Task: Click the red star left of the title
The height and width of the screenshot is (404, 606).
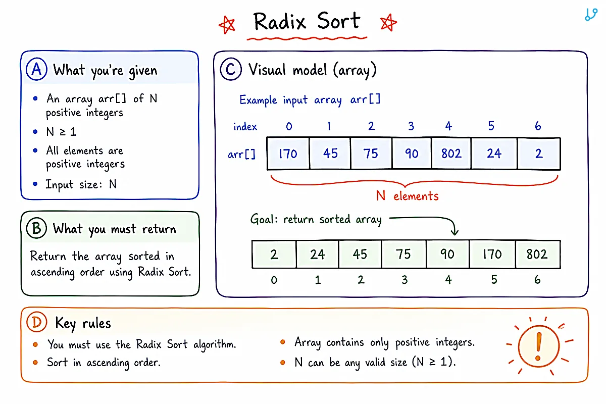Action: (x=227, y=25)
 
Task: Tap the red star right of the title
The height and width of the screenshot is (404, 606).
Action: (x=388, y=22)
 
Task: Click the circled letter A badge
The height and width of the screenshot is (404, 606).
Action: (x=36, y=69)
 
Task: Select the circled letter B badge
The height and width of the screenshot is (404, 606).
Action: (x=36, y=228)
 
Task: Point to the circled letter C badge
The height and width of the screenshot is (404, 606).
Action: (x=231, y=69)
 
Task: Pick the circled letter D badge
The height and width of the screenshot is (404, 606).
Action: (x=37, y=322)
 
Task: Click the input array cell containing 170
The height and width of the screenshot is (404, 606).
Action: (x=288, y=154)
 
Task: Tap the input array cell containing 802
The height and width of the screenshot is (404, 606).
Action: (x=451, y=154)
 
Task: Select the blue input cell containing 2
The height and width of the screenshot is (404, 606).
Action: (x=539, y=154)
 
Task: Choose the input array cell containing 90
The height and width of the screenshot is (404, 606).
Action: (x=412, y=154)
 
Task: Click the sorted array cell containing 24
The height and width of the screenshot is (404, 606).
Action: (x=318, y=255)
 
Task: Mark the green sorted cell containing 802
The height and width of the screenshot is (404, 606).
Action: (x=538, y=255)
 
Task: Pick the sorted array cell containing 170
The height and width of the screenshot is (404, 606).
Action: (x=492, y=255)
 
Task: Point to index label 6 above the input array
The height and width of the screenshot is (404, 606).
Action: (x=538, y=126)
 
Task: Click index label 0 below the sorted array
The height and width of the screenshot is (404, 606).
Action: (x=274, y=280)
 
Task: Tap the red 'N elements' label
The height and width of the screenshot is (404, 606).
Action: (x=408, y=195)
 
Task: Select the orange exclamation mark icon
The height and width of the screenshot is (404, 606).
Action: (x=539, y=346)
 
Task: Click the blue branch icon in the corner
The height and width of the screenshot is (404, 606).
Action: (x=591, y=14)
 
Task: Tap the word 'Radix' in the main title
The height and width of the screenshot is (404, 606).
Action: (x=280, y=22)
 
